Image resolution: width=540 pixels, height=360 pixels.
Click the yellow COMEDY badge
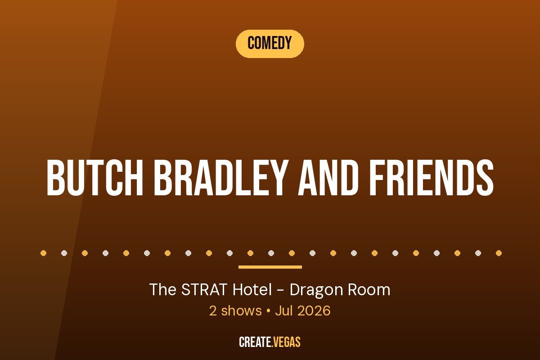pyautogui.click(x=270, y=44)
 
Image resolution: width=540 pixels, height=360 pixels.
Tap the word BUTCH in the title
pyautogui.click(x=95, y=178)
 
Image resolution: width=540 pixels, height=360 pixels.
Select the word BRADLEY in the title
pyautogui.click(x=221, y=178)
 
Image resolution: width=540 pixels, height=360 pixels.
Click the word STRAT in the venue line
pyautogui.click(x=204, y=289)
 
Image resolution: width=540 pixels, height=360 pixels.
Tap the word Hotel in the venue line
pyautogui.click(x=252, y=289)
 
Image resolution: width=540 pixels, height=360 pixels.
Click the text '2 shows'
pyautogui.click(x=235, y=311)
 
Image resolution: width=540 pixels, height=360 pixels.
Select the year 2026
pyautogui.click(x=314, y=311)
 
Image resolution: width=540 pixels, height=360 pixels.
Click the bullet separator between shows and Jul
pyautogui.click(x=268, y=311)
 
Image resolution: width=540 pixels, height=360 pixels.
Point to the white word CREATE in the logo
pyautogui.click(x=255, y=342)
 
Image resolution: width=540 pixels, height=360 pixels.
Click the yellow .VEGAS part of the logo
pyautogui.click(x=286, y=342)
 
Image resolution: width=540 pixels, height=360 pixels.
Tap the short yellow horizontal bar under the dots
pyautogui.click(x=270, y=267)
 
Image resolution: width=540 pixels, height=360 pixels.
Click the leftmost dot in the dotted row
pyautogui.click(x=43, y=253)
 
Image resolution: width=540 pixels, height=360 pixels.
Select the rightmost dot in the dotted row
pyautogui.click(x=499, y=253)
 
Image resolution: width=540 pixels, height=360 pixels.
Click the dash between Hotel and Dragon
pyautogui.click(x=281, y=290)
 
